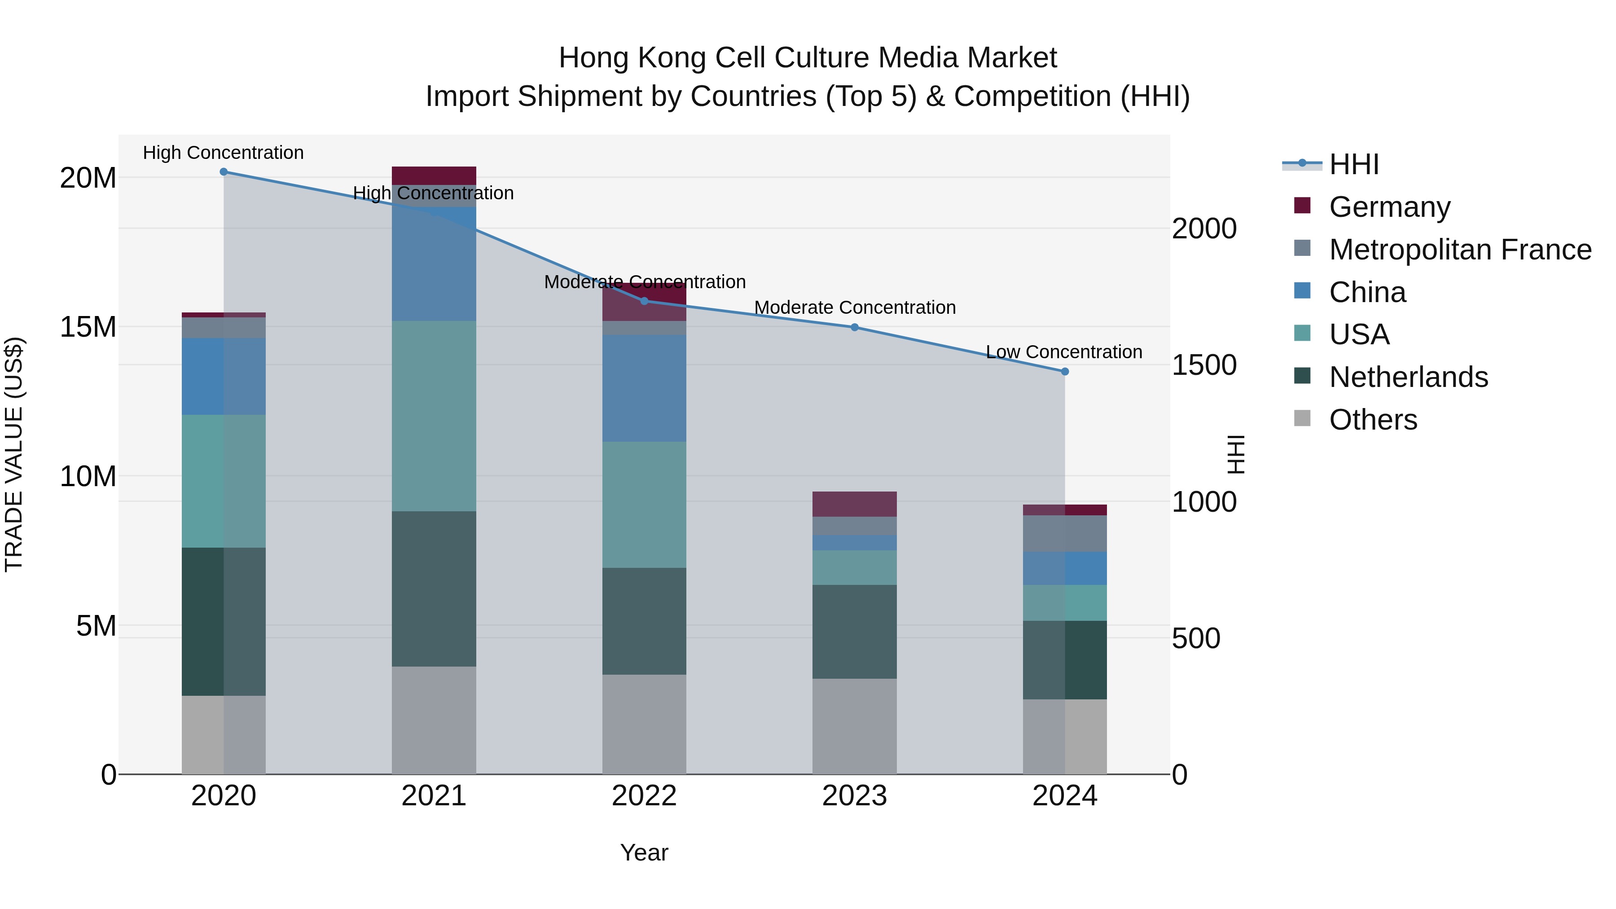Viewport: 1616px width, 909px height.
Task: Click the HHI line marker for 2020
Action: pyautogui.click(x=224, y=172)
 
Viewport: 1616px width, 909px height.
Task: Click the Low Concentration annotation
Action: pyautogui.click(x=1064, y=352)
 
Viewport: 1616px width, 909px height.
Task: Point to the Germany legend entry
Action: pyautogui.click(x=1389, y=207)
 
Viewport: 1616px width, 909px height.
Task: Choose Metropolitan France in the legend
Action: pyautogui.click(x=1460, y=250)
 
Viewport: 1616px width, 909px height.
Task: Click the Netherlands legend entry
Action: pyautogui.click(x=1408, y=377)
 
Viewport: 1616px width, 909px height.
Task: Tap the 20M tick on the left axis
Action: pyautogui.click(x=88, y=178)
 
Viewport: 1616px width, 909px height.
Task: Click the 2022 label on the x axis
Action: pyautogui.click(x=644, y=796)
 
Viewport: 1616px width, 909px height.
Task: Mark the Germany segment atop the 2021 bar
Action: pyautogui.click(x=434, y=176)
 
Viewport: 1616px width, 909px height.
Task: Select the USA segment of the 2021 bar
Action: pyautogui.click(x=434, y=416)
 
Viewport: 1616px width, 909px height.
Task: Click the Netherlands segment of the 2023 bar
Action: pyautogui.click(x=854, y=632)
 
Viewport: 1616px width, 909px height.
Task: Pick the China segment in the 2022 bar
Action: pyautogui.click(x=644, y=388)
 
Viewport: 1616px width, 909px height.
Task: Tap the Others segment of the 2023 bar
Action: pyautogui.click(x=854, y=726)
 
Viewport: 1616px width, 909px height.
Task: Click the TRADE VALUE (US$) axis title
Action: pyautogui.click(x=14, y=454)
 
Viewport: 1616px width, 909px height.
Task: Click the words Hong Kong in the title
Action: pyautogui.click(x=633, y=58)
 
